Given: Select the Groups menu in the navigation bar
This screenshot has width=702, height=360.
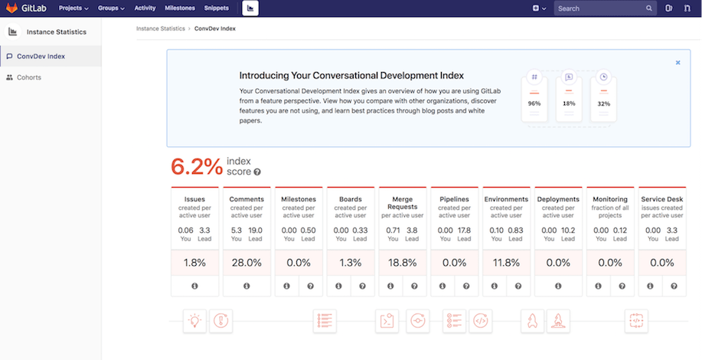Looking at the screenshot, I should pyautogui.click(x=111, y=8).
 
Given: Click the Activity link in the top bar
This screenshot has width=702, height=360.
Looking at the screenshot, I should pyautogui.click(x=145, y=8).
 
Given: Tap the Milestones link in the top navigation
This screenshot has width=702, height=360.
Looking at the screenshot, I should pyautogui.click(x=179, y=8).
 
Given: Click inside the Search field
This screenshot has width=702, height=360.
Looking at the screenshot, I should pyautogui.click(x=601, y=8).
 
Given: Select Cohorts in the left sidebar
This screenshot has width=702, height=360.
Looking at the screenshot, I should pyautogui.click(x=29, y=77).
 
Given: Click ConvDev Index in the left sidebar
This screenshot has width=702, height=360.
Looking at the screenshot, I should pyautogui.click(x=41, y=56).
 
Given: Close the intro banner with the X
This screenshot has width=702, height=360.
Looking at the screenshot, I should pyautogui.click(x=678, y=63).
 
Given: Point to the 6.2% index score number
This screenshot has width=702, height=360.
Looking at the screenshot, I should pyautogui.click(x=197, y=166).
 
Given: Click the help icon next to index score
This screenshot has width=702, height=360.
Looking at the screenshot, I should pyautogui.click(x=257, y=172).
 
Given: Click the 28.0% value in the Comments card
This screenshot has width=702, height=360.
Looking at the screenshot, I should pyautogui.click(x=247, y=262).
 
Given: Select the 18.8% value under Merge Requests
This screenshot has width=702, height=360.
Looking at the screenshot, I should pyautogui.click(x=403, y=262).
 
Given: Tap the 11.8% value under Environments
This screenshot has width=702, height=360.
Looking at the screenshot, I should pyautogui.click(x=507, y=262).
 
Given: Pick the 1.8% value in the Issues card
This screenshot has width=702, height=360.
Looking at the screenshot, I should pyautogui.click(x=194, y=262).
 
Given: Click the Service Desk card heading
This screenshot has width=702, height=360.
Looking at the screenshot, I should pyautogui.click(x=662, y=199).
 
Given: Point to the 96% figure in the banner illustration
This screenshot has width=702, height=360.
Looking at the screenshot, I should pyautogui.click(x=534, y=103).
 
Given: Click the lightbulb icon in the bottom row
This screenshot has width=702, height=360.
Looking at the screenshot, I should pyautogui.click(x=194, y=320).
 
